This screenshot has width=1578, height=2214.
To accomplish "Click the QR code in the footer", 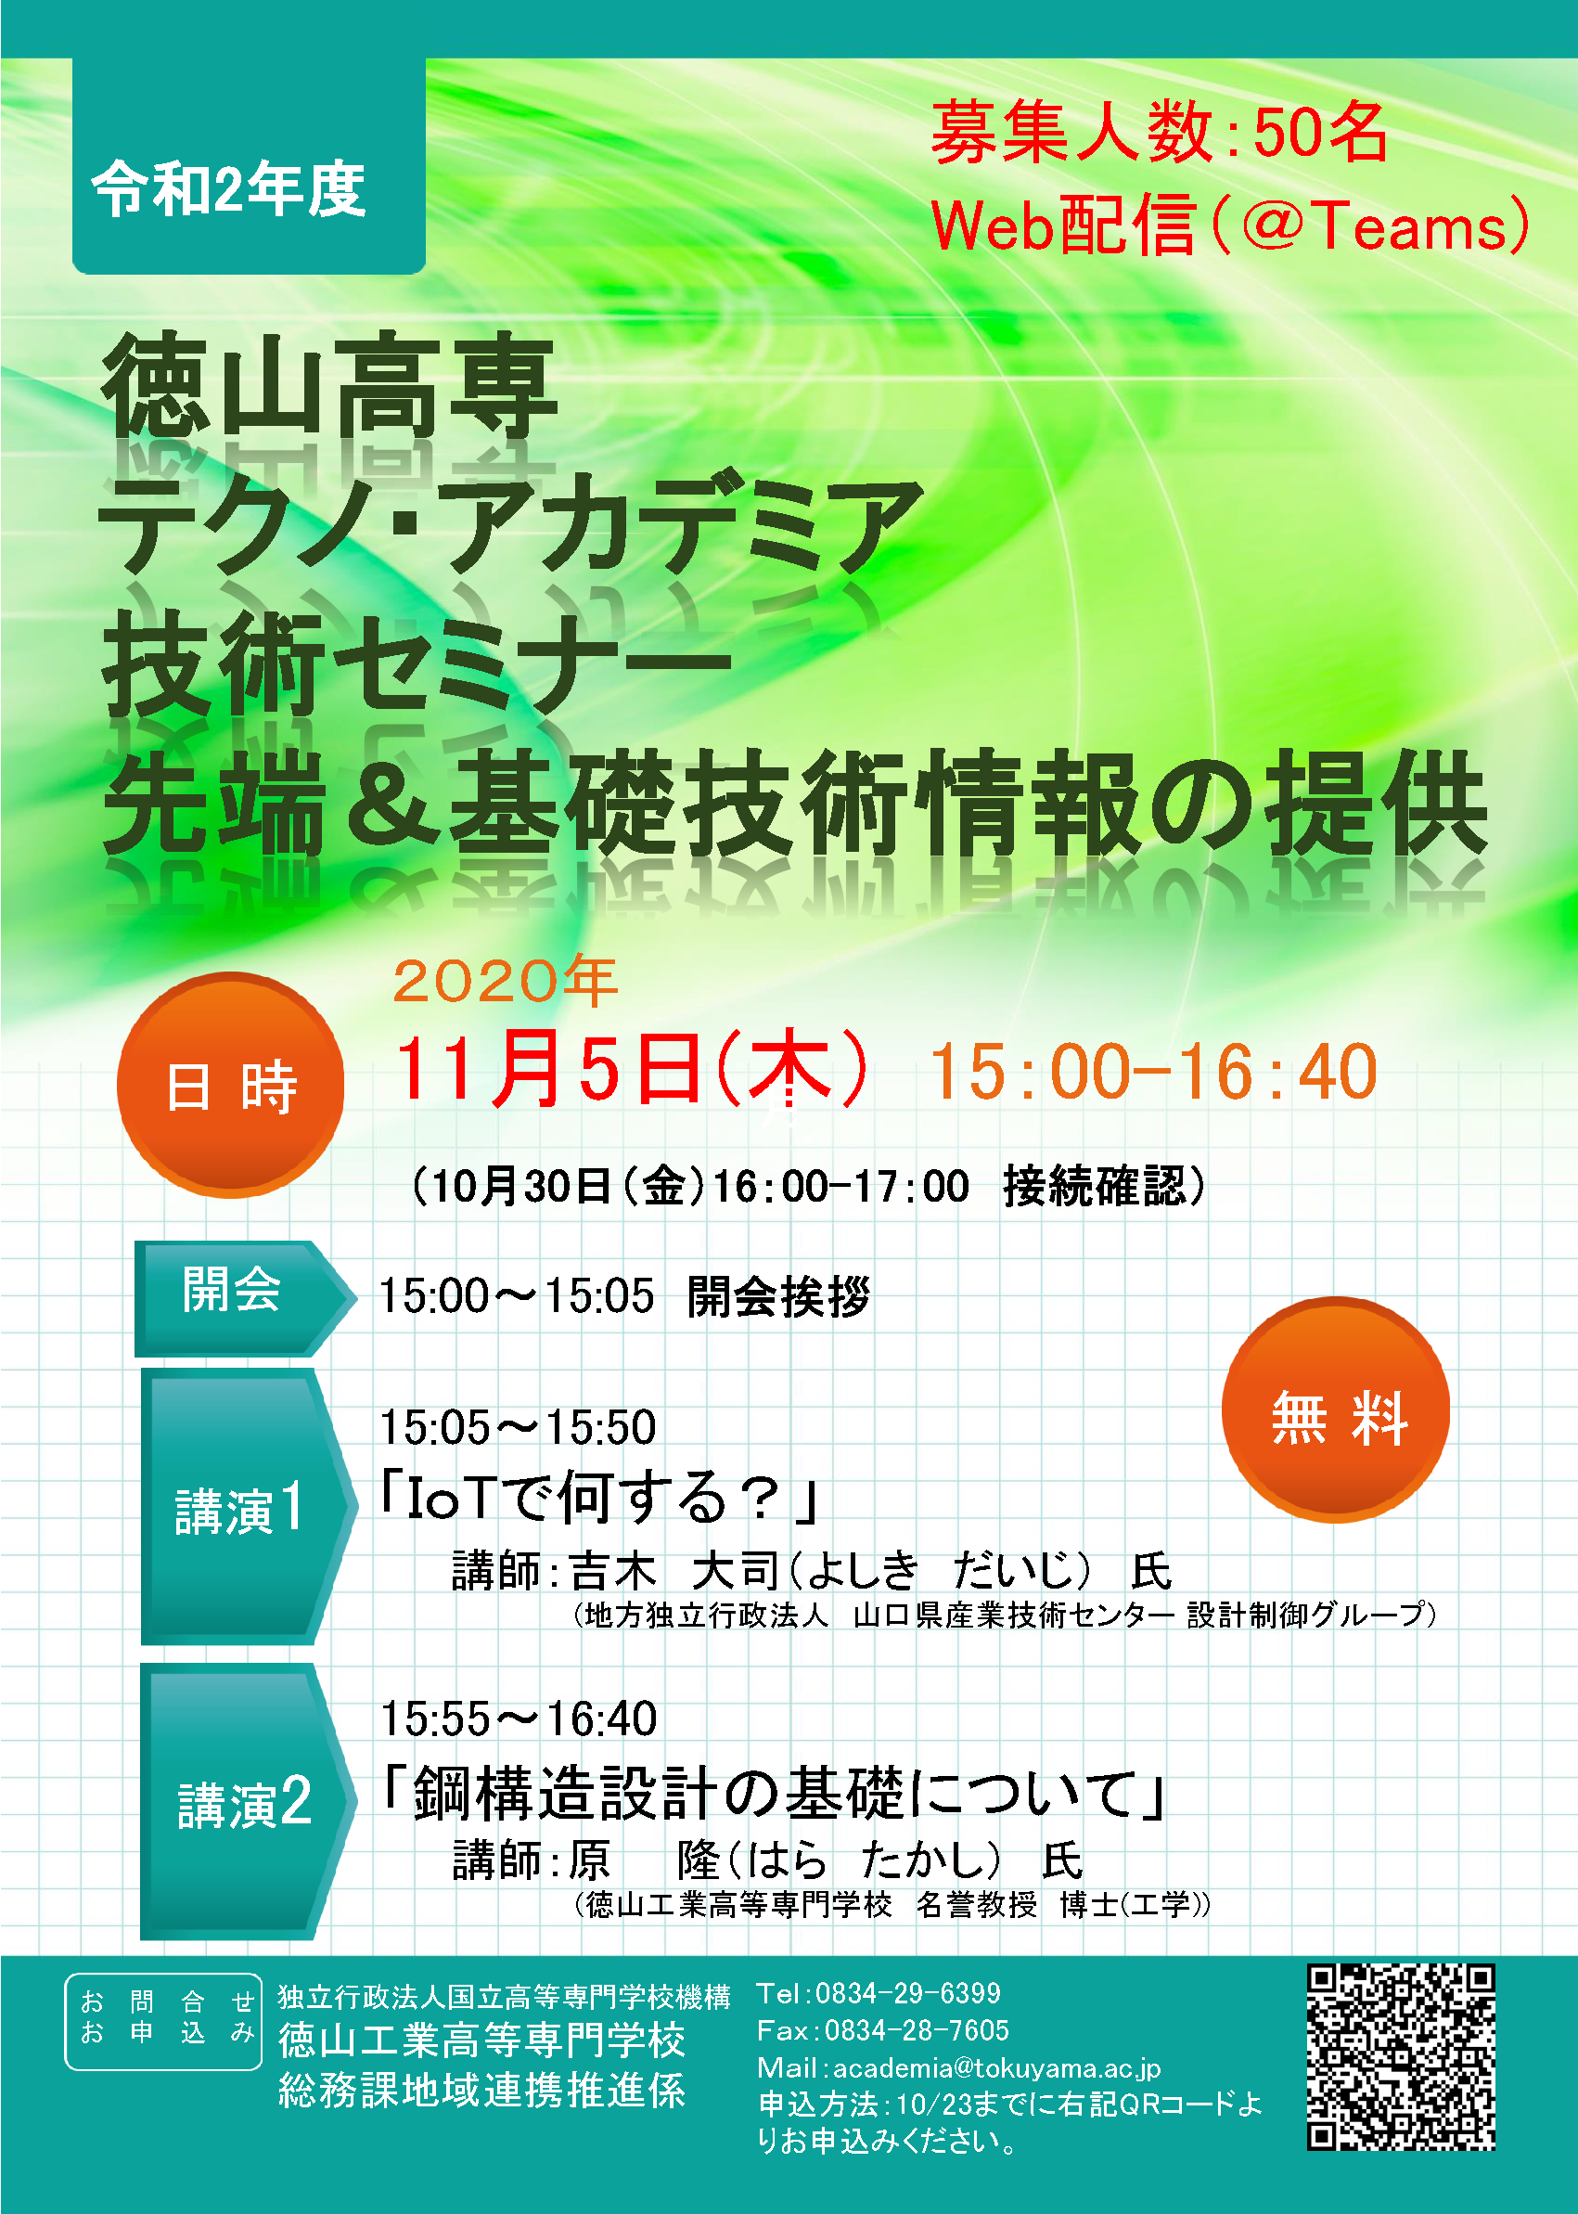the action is click(x=1400, y=2055).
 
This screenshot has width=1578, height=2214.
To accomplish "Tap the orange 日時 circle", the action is click(x=230, y=1085).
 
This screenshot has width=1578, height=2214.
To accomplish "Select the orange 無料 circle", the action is click(x=1335, y=1409).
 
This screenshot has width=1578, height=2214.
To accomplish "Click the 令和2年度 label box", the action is click(x=249, y=167).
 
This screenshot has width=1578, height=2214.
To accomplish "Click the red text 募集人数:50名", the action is click(x=1160, y=132).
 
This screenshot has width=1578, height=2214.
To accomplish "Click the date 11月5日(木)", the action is click(x=632, y=1069).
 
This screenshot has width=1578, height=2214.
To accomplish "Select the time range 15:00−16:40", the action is click(x=1153, y=1072).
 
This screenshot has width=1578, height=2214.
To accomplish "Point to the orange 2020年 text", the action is click(x=506, y=981).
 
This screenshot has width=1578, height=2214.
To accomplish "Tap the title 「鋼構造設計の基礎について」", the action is click(x=774, y=1792).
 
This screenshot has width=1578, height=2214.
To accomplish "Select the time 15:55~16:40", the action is click(x=519, y=1718).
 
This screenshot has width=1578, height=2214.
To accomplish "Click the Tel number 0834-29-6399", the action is click(x=907, y=1992).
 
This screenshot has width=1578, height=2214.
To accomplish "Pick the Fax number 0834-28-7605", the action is click(x=917, y=2029).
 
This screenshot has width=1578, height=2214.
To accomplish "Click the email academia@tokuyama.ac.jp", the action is click(x=997, y=2067).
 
